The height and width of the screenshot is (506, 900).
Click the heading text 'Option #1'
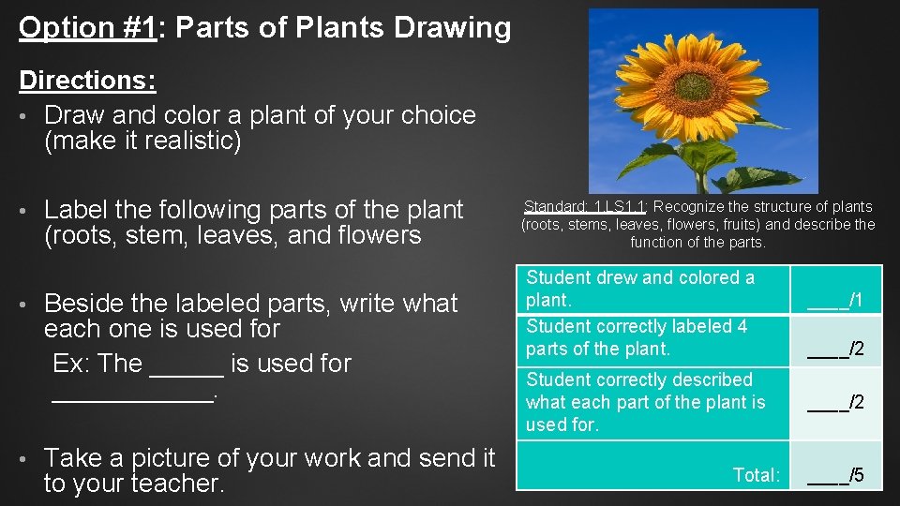click(x=86, y=28)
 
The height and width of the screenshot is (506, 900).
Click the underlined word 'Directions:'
click(x=87, y=81)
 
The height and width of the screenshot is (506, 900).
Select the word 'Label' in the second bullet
click(x=76, y=210)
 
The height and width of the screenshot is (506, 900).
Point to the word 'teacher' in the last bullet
click(x=172, y=484)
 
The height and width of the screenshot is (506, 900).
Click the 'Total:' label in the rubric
click(x=757, y=475)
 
